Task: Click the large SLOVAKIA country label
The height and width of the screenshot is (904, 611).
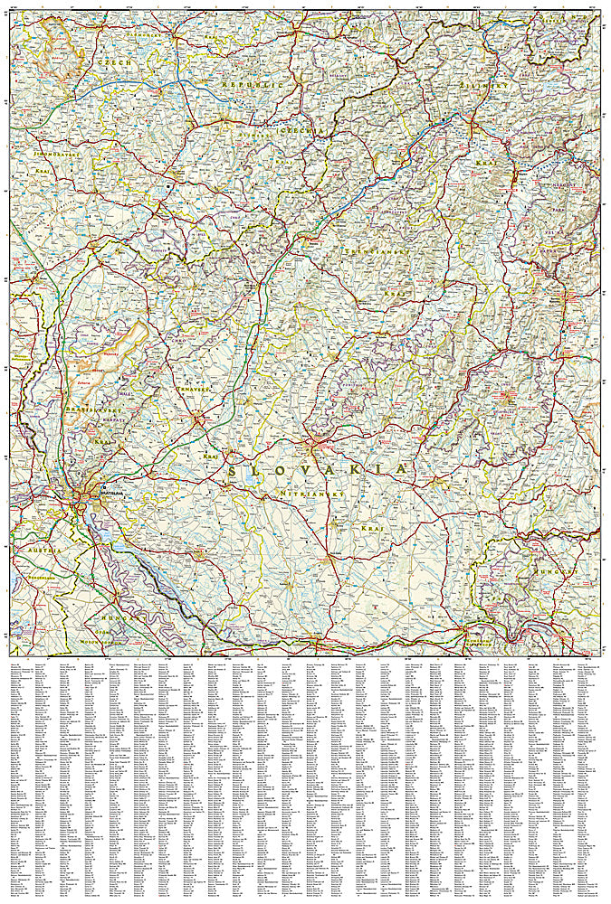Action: [x=317, y=470]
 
